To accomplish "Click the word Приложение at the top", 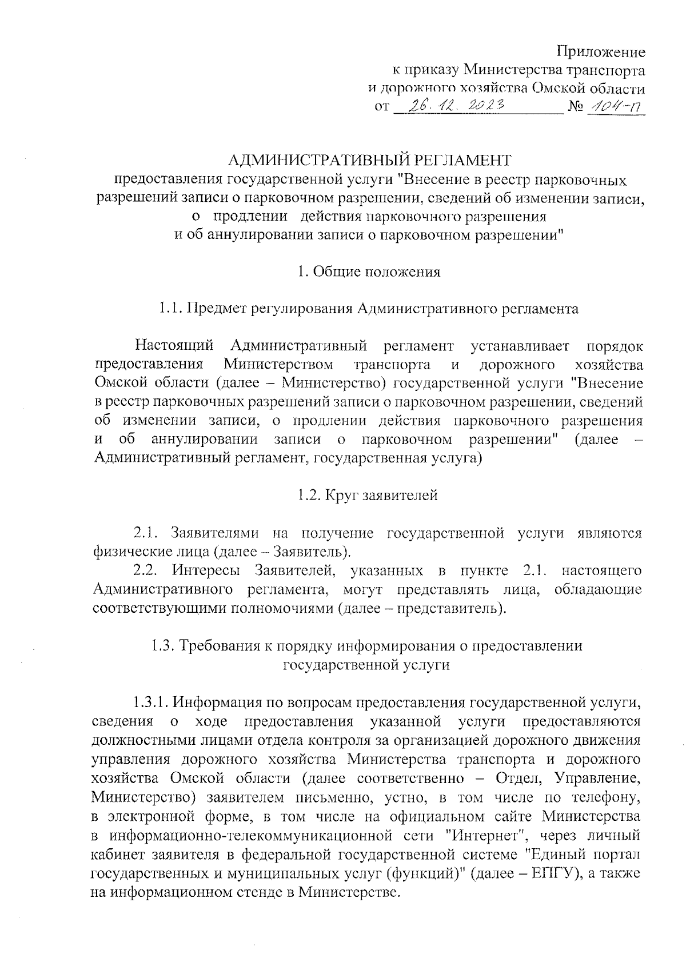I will click(x=601, y=53).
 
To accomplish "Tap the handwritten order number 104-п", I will click(x=615, y=106).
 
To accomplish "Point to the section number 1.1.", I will click(x=170, y=309).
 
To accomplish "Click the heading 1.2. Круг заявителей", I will click(x=367, y=495).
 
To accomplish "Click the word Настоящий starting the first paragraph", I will click(x=174, y=346).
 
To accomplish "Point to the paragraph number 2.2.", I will click(x=144, y=570).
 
